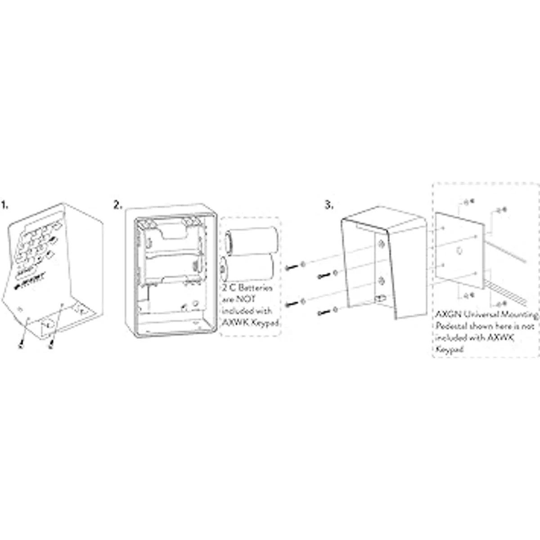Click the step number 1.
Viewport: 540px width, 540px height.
click(4, 206)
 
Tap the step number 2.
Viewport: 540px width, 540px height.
click(117, 205)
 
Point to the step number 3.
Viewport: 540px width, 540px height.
click(329, 205)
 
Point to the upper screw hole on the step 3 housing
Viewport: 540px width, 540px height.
click(381, 244)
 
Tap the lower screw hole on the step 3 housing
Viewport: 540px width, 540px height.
click(381, 282)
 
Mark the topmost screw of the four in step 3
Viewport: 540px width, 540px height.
click(290, 267)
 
